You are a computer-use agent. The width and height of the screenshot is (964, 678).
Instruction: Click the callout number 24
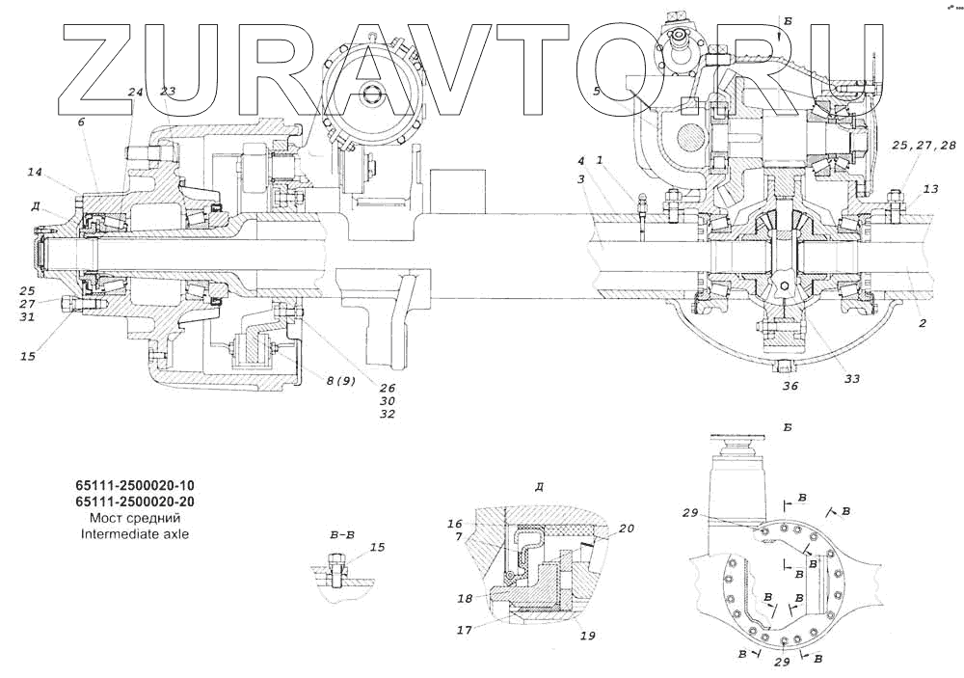pyautogui.click(x=135, y=93)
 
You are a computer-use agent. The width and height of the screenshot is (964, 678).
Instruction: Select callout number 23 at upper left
pyautogui.click(x=168, y=92)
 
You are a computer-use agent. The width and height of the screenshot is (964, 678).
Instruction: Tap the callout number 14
pyautogui.click(x=35, y=173)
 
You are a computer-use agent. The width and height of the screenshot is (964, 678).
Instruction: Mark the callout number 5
pyautogui.click(x=597, y=91)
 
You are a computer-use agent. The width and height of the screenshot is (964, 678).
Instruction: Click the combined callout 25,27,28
pyautogui.click(x=924, y=146)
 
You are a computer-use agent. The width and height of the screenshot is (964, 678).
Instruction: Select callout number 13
pyautogui.click(x=930, y=189)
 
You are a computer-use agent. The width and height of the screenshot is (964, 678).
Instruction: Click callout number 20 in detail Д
pyautogui.click(x=627, y=529)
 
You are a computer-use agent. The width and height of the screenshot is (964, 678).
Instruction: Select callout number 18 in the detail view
pyautogui.click(x=465, y=598)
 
